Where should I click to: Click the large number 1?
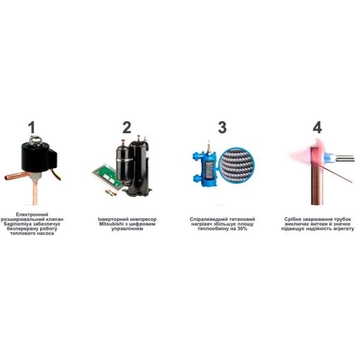[x=32, y=127]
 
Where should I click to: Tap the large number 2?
[x=127, y=127]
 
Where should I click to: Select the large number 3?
[x=222, y=127]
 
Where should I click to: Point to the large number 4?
[x=317, y=127]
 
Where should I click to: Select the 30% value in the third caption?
[x=242, y=229]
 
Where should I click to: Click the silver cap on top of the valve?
[x=35, y=140]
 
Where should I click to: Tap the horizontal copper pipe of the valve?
[x=17, y=176]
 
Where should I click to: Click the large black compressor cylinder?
[x=138, y=165]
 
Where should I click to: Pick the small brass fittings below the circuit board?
[x=110, y=193]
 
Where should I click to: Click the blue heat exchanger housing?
[x=206, y=167]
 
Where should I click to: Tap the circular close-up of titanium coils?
[x=237, y=164]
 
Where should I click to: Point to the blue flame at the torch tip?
[x=329, y=158]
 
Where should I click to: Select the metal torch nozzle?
[x=344, y=158]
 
